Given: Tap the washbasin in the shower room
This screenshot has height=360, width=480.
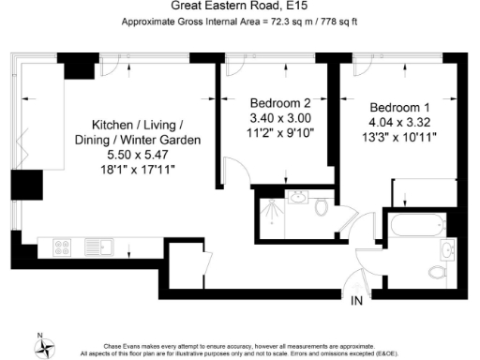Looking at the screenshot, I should [298, 197].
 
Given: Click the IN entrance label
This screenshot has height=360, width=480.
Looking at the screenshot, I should [356, 301].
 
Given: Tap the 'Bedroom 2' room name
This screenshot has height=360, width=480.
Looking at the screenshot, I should [279, 101].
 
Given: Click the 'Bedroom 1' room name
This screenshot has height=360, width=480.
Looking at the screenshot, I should [400, 106].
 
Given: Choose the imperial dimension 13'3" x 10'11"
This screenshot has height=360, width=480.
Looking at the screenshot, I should [400, 138].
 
